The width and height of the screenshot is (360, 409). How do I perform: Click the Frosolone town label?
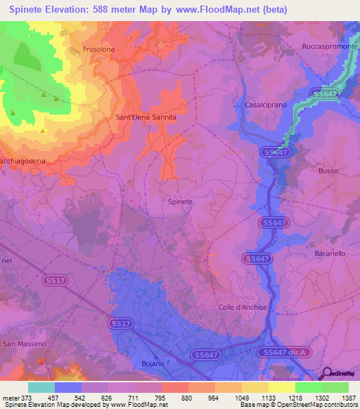[98, 50]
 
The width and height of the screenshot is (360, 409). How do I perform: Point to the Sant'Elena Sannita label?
[146, 118]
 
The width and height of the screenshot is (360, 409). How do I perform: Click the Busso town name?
[328, 171]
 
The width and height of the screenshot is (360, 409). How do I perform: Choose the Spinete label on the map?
[180, 202]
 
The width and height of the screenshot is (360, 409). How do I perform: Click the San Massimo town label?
[25, 344]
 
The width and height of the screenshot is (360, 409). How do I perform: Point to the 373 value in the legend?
[23, 397]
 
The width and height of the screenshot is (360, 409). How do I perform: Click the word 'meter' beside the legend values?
[9, 397]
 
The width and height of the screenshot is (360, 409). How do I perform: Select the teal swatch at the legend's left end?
[41, 387]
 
